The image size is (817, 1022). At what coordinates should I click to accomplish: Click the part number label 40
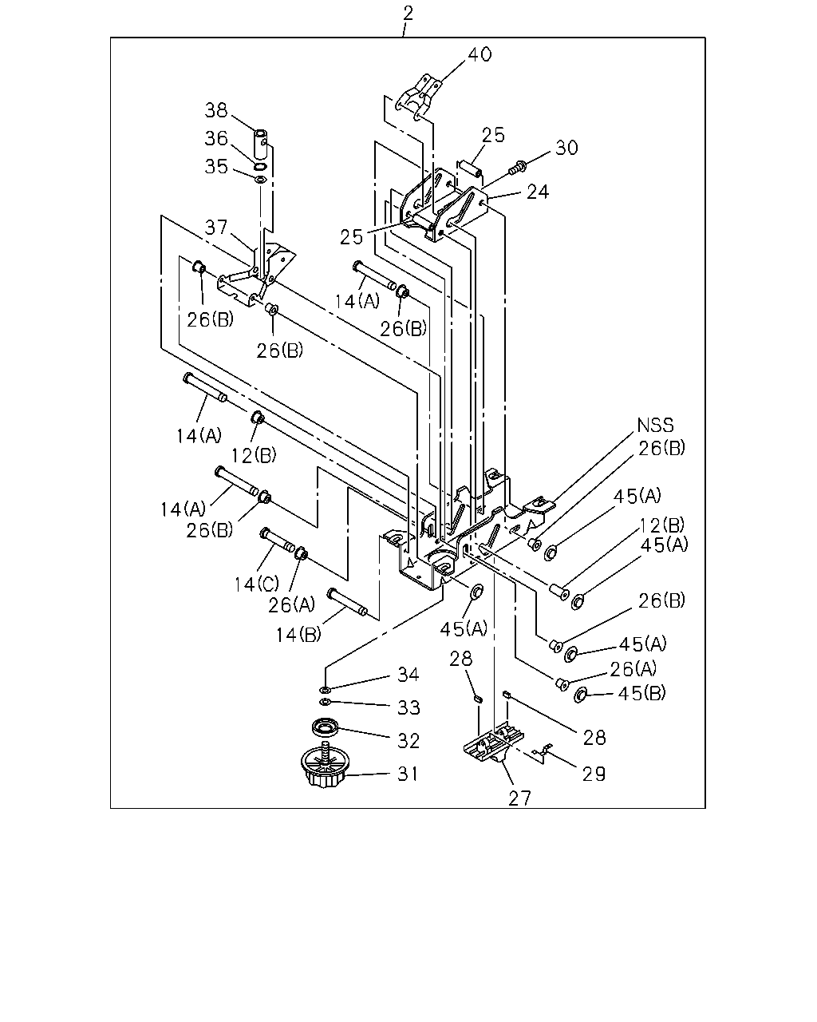[480, 54]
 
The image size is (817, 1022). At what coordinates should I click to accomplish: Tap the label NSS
[655, 425]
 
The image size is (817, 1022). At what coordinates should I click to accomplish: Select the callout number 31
[408, 774]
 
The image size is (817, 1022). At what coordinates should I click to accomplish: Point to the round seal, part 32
[326, 727]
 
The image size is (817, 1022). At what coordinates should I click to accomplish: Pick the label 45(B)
[641, 693]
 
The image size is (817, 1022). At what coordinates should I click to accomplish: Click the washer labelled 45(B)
[580, 695]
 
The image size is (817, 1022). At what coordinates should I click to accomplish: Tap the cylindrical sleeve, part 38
[259, 146]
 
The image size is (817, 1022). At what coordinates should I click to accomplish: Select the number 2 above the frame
[408, 14]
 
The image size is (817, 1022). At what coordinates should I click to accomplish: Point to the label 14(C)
[256, 584]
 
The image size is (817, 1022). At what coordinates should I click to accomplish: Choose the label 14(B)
[298, 635]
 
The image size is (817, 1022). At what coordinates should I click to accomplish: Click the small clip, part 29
[541, 751]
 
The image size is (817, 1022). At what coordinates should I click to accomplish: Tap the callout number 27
[519, 798]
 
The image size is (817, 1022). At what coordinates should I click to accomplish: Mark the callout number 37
[216, 227]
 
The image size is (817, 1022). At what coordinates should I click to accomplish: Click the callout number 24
[538, 192]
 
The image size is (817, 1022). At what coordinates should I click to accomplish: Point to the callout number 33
[408, 707]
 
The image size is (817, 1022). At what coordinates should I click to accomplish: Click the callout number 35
[216, 167]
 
